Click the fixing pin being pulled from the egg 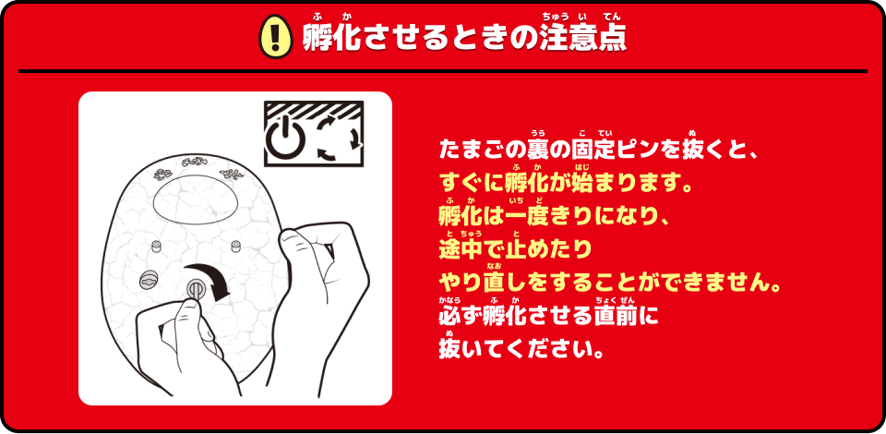pyautogui.click(x=195, y=290)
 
